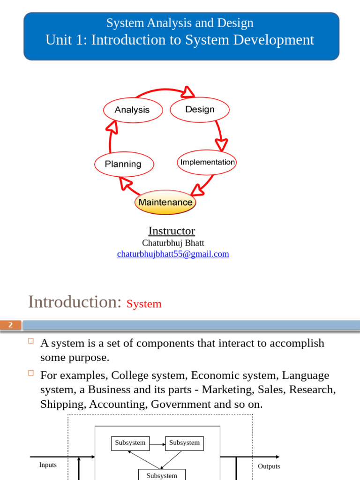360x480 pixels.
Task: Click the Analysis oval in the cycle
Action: [x=132, y=110]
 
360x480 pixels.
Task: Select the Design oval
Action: [x=200, y=109]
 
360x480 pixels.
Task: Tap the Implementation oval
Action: [x=207, y=162]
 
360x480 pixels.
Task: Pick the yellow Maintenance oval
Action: [x=165, y=202]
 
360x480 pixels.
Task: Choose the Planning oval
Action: [x=123, y=164]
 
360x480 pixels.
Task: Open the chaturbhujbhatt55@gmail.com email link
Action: [x=173, y=254]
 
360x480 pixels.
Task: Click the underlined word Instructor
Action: [x=172, y=231]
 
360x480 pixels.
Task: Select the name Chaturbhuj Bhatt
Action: [x=173, y=243]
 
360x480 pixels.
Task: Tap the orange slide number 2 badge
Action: [x=11, y=325]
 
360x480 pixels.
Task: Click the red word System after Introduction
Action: [x=144, y=304]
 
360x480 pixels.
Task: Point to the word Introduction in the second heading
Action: [x=75, y=301]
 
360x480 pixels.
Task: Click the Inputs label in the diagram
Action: [x=48, y=465]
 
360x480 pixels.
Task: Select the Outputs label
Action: [x=269, y=466]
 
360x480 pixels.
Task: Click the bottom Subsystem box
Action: [x=162, y=475]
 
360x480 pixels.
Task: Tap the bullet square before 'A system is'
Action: [x=31, y=341]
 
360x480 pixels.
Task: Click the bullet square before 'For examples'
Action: [x=31, y=374]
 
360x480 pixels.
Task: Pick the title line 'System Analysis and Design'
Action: [x=180, y=23]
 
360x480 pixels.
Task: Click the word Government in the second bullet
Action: [x=180, y=404]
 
